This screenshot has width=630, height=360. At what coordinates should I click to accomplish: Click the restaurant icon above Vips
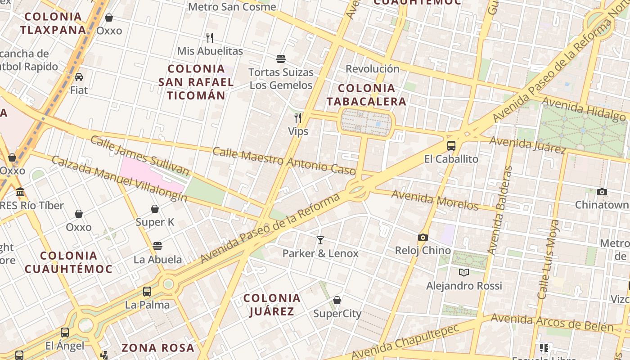tap(298, 118)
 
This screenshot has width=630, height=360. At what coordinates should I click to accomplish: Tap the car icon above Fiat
tap(79, 77)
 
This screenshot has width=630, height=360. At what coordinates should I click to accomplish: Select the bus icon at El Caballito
tap(451, 146)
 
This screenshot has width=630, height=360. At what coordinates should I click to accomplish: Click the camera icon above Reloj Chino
tap(423, 237)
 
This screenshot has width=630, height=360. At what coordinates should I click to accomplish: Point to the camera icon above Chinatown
tap(602, 192)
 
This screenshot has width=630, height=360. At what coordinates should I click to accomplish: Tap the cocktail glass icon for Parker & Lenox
tap(320, 240)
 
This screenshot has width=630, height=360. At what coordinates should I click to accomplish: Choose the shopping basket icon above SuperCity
tap(337, 300)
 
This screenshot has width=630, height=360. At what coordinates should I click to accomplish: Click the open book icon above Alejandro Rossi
tap(464, 272)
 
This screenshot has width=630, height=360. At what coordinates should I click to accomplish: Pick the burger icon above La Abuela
tap(157, 246)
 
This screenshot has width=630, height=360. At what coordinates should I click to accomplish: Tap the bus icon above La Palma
tap(147, 291)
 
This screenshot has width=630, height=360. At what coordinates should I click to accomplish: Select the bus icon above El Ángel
tap(65, 333)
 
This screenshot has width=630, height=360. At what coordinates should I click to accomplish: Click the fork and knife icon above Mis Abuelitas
tap(209, 37)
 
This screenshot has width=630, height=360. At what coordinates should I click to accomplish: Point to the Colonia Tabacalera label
tap(366, 95)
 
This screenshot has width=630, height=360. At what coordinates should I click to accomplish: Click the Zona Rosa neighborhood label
tap(158, 348)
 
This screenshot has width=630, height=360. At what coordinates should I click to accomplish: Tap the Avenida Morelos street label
tap(435, 200)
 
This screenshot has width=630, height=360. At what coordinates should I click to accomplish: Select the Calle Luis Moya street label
tap(549, 259)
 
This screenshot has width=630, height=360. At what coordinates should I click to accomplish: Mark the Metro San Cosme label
tap(232, 7)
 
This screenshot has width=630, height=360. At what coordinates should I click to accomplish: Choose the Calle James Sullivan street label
tap(139, 155)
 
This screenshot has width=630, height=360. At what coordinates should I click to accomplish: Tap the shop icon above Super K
tap(155, 209)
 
